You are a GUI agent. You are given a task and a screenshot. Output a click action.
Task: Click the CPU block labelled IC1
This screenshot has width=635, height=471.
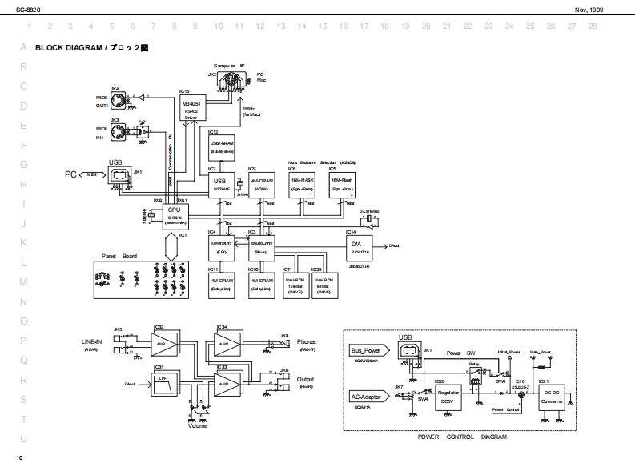click(x=174, y=214)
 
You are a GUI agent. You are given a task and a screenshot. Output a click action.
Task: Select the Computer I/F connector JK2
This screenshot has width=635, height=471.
click(x=231, y=80)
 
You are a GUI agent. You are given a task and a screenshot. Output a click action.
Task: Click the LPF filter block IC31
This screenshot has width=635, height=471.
click(x=167, y=384)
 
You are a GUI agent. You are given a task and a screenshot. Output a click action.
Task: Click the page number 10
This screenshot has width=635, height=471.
click(x=19, y=457)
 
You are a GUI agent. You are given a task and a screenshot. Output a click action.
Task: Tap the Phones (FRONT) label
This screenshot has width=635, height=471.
click(x=306, y=345)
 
